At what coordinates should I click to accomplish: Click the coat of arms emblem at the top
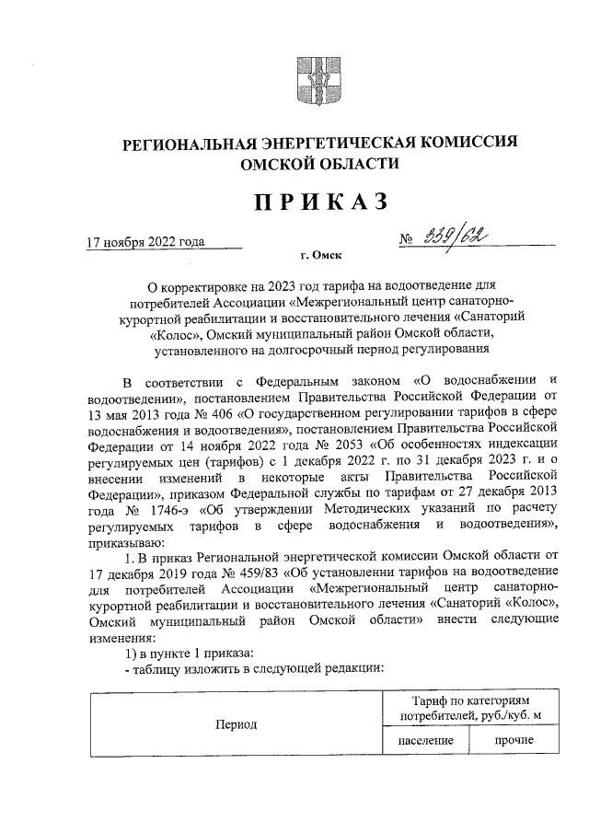click(306, 79)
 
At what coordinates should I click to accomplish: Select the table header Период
click(236, 724)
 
